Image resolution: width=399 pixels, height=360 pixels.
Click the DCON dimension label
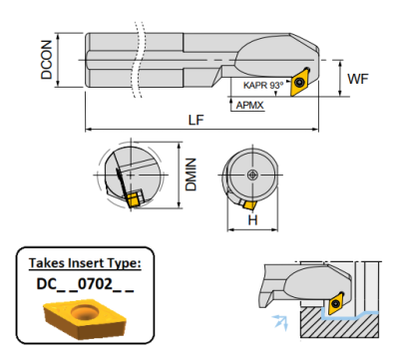pos(47,60)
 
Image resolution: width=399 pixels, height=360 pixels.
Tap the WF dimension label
pos(358,79)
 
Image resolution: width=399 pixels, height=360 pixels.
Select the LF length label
pos(196,120)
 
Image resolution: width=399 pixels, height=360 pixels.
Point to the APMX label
pos(249,106)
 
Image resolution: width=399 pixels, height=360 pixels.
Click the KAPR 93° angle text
pos(263,85)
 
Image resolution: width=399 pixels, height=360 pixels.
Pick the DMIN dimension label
pos(192,175)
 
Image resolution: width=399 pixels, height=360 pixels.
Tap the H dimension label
pos(252,219)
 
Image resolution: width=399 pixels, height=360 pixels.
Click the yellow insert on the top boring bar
pos(301,82)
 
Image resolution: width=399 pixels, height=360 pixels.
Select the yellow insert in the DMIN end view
pos(133,199)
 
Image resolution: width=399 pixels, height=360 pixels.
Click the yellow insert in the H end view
pos(249,204)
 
